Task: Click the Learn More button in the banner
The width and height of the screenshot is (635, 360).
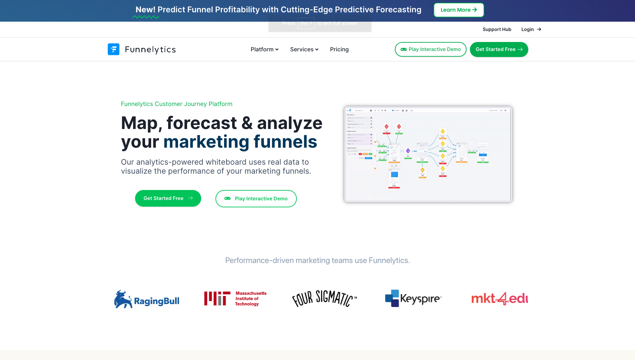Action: (x=459, y=10)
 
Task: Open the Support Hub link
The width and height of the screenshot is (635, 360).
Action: (x=497, y=29)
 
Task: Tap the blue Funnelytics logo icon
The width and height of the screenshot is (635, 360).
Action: (x=113, y=49)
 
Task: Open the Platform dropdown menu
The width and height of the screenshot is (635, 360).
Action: (x=264, y=49)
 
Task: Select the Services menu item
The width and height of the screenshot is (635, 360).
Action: (x=304, y=49)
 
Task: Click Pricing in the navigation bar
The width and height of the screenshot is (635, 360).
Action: (x=339, y=49)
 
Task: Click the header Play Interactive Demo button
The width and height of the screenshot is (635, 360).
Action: (x=431, y=49)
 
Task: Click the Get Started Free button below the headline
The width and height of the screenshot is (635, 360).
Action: (x=168, y=198)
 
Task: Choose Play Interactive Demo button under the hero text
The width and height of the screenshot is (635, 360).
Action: (x=256, y=199)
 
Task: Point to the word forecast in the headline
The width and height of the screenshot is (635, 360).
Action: (x=201, y=123)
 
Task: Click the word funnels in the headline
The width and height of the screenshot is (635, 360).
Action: (x=285, y=142)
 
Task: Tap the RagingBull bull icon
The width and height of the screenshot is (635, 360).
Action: (x=123, y=299)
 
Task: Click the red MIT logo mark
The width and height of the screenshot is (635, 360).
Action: (x=217, y=298)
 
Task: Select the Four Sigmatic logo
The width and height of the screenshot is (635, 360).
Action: (x=324, y=298)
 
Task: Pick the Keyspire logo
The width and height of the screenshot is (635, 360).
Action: (x=413, y=298)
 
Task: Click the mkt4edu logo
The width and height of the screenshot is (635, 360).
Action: (x=499, y=298)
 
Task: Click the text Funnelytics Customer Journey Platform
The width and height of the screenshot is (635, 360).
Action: (x=176, y=104)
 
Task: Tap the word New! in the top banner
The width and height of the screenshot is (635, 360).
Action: (x=145, y=10)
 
